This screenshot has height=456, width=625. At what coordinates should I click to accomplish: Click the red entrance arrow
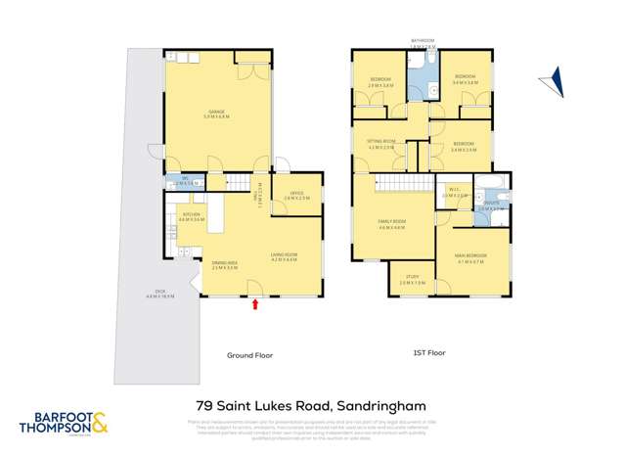coord(255,304)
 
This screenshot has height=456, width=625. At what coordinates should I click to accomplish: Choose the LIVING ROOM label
coord(284,257)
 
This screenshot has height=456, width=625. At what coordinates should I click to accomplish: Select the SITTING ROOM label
coord(382,145)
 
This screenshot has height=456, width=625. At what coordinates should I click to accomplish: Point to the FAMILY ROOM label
coord(391,224)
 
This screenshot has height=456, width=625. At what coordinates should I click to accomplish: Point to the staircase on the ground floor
coord(241,182)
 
